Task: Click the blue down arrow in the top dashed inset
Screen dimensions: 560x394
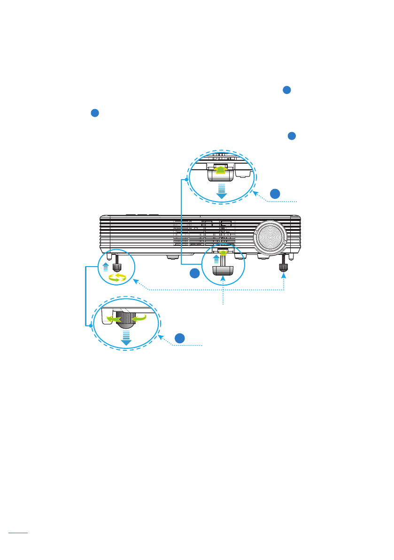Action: point(221,192)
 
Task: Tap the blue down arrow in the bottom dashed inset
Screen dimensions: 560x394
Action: point(126,338)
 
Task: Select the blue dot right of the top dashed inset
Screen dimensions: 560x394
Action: point(276,193)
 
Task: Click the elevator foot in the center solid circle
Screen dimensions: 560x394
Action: point(224,270)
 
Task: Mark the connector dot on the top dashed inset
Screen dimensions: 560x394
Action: point(186,180)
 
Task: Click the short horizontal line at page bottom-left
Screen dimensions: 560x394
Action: point(19,533)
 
